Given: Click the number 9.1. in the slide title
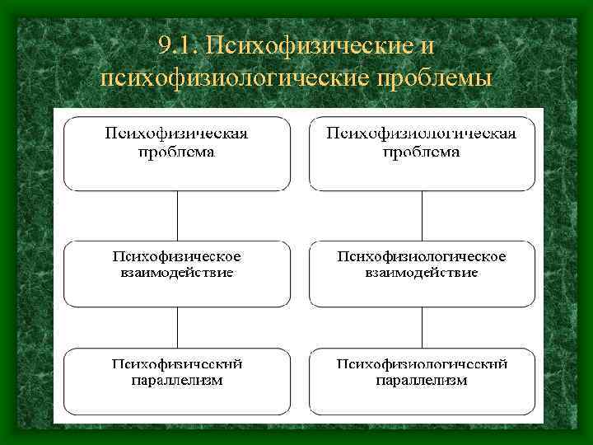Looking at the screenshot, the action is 177,45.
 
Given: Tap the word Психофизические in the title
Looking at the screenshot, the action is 310,45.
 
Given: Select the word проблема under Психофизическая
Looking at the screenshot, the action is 177,152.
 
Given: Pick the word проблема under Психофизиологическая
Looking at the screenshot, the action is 422,152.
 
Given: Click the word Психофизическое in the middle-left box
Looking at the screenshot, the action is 177,256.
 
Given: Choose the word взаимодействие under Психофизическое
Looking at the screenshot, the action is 177,272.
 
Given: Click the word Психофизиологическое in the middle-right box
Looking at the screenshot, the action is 422,256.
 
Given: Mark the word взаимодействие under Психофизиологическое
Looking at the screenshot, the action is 422,272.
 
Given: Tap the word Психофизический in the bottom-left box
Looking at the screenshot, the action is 177,364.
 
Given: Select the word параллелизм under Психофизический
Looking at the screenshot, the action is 177,380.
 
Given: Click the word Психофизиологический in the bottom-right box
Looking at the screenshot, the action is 422,364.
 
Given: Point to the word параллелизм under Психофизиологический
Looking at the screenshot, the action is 422,380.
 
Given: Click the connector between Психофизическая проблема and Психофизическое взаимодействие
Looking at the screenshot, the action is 177,216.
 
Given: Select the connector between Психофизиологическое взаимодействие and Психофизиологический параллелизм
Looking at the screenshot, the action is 422,327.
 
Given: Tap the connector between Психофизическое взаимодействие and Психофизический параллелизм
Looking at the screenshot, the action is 177,327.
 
